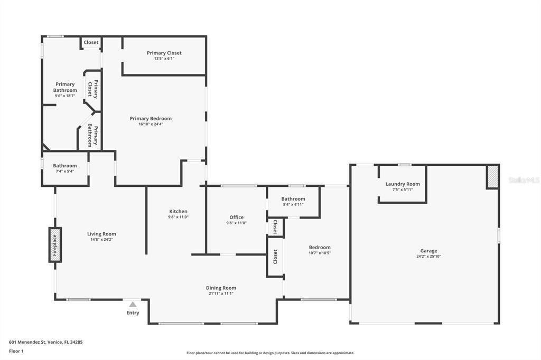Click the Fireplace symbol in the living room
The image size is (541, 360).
[55, 244]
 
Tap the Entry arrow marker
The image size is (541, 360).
[133, 304]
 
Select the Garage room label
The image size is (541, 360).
[428, 251]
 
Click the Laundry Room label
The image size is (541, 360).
[403, 184]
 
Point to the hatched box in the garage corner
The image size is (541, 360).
[492, 177]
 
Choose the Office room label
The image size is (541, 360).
[236, 217]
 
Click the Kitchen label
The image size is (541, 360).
[178, 211]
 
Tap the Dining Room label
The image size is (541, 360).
[221, 288]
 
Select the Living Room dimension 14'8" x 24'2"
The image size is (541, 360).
[101, 240]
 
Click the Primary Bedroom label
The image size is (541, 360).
[151, 118]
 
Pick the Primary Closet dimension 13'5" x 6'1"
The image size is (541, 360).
[164, 59]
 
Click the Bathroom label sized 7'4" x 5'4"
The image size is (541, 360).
[64, 166]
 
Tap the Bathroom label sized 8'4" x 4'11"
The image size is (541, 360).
[293, 199]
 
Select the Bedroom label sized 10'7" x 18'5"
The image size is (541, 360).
[320, 247]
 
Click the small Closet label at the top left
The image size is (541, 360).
[91, 42]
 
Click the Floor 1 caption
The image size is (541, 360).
[16, 350]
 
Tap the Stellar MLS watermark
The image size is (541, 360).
[524, 180]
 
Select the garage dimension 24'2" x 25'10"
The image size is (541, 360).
[428, 257]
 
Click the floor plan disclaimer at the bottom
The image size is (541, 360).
[270, 353]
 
